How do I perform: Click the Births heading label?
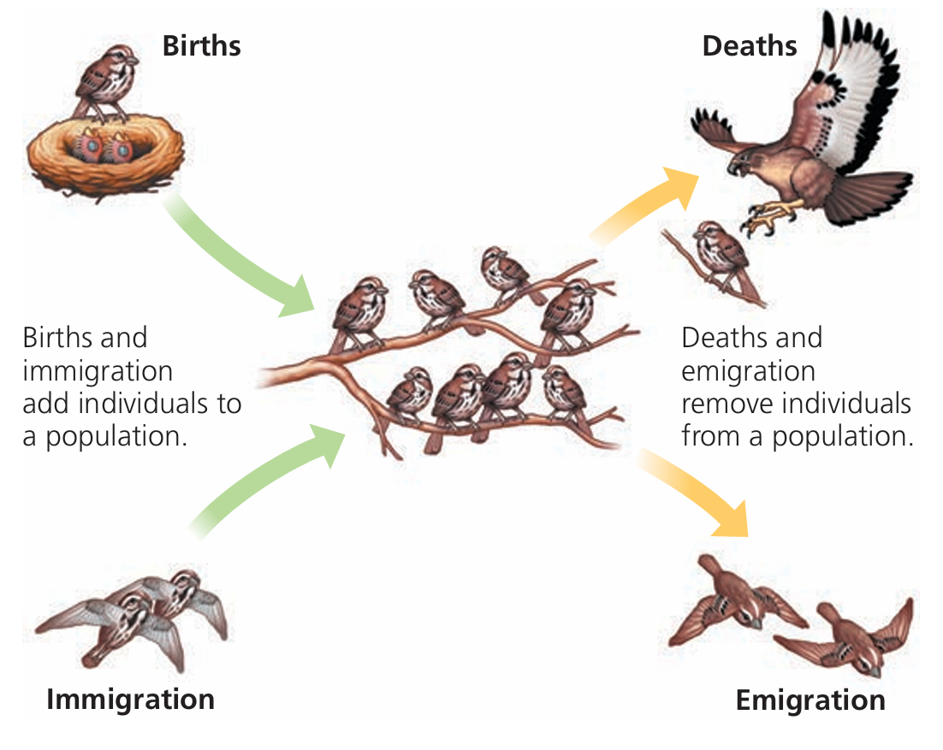[201, 45]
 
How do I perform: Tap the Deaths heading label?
[749, 45]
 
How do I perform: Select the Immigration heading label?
[130, 700]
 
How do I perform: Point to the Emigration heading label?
[810, 701]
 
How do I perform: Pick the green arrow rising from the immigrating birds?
[265, 479]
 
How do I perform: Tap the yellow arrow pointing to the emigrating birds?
[693, 496]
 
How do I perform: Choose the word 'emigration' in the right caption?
[748, 370]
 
